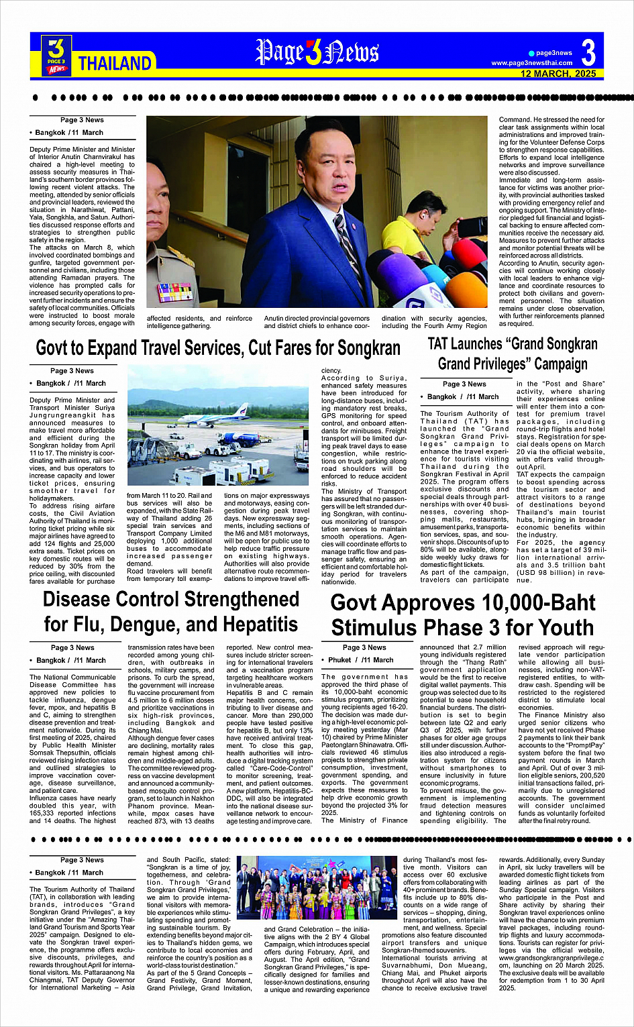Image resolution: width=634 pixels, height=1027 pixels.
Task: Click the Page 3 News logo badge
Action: coord(56,54)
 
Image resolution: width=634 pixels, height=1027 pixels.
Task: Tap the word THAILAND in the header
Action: coord(115,64)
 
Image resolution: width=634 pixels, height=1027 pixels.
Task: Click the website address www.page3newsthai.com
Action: coord(532,63)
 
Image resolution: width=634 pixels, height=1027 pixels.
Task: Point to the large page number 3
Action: coord(588,52)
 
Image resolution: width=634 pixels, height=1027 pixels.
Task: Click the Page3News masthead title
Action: coord(317,53)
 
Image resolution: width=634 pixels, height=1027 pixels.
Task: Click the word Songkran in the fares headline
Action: coord(368,349)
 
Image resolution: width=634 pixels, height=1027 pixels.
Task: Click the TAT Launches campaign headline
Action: coord(513,354)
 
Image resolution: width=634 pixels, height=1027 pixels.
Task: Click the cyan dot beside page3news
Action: coord(531,53)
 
